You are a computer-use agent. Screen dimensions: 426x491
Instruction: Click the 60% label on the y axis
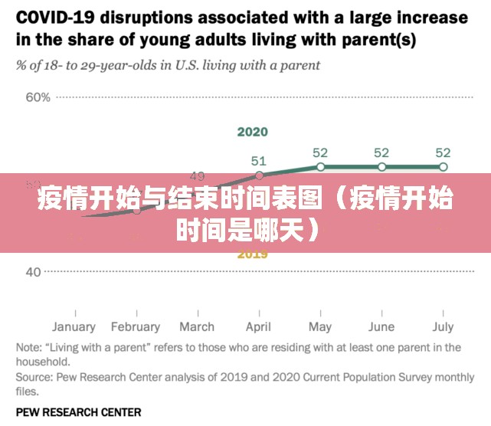click(38, 97)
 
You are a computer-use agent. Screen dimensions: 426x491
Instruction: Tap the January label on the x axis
click(74, 327)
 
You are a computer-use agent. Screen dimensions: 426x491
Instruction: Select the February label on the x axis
click(135, 327)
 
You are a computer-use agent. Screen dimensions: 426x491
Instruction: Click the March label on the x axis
click(197, 327)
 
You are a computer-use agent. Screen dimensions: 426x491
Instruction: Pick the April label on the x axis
click(259, 327)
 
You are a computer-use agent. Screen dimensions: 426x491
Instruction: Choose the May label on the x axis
click(320, 327)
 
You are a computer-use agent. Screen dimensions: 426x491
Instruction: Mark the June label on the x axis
click(381, 327)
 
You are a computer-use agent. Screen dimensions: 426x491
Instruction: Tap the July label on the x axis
click(443, 327)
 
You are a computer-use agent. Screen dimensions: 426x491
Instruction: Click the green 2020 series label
click(252, 132)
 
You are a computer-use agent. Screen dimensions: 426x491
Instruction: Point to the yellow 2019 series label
click(252, 254)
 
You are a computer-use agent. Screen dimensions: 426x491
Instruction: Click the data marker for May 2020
click(320, 167)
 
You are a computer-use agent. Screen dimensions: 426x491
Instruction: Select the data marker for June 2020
click(381, 167)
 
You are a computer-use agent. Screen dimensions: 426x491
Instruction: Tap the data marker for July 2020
click(443, 167)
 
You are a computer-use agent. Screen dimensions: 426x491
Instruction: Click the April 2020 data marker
click(259, 175)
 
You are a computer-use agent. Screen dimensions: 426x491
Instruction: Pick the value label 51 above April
click(259, 161)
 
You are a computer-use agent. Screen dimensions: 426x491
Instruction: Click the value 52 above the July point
click(443, 152)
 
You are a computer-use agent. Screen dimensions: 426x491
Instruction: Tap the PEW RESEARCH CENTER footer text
click(78, 411)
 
